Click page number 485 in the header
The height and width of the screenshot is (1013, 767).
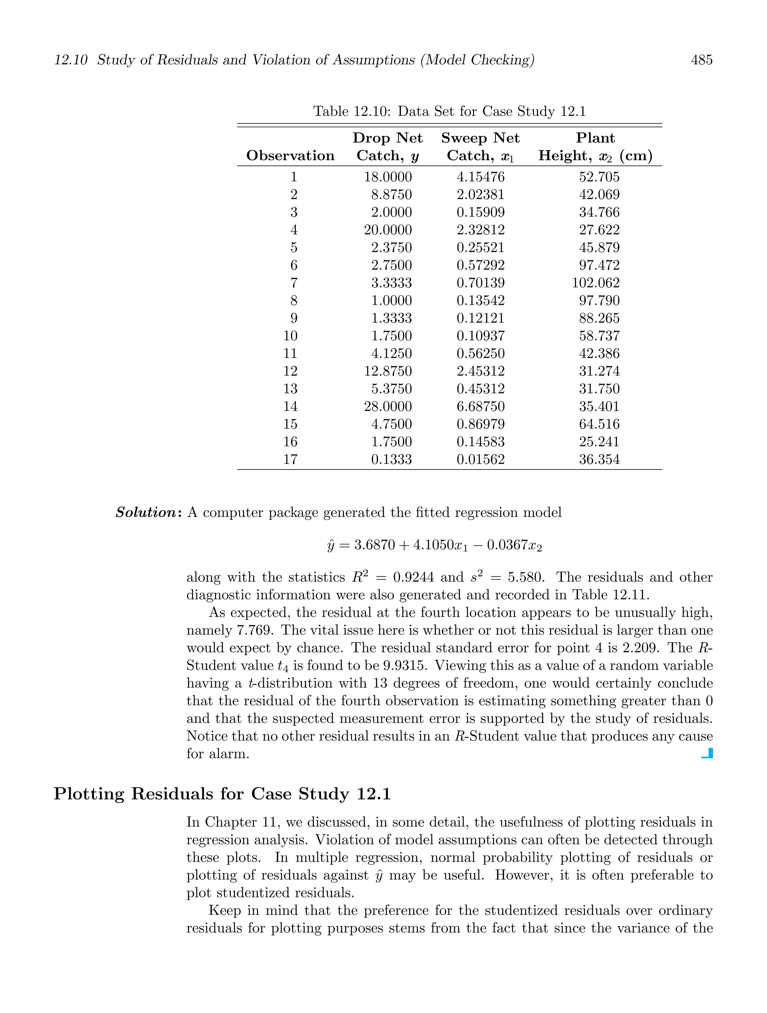(701, 60)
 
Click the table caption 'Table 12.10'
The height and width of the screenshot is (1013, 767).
(351, 111)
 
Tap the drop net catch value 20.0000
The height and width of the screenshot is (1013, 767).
(388, 230)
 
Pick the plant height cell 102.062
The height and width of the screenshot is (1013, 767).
(595, 283)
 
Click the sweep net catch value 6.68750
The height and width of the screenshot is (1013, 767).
(480, 407)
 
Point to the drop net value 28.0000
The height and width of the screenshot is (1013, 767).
(388, 407)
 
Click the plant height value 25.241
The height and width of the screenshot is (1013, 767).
(599, 442)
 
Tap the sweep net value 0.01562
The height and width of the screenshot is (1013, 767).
(480, 459)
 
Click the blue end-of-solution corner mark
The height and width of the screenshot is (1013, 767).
(707, 753)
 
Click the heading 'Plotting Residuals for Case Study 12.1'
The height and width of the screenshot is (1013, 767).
(222, 794)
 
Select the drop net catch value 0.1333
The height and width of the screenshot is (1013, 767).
(391, 459)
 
